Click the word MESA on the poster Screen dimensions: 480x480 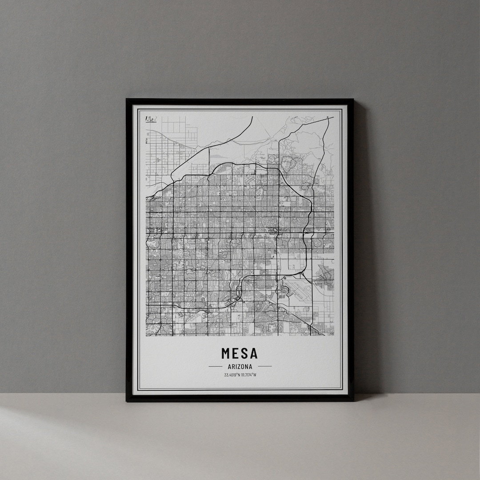point(240,353)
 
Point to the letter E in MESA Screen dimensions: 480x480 point(236,353)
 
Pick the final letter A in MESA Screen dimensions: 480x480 point(254,353)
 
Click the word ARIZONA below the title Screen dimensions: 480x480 point(240,367)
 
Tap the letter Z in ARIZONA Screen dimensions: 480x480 point(240,367)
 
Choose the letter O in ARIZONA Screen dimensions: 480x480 point(244,367)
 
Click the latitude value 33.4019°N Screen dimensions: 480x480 point(232,375)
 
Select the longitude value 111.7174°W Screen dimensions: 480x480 point(248,375)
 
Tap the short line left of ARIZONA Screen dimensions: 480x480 point(215,367)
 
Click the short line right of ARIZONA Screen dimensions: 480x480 point(264,367)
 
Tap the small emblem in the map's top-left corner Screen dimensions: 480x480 point(150,119)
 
